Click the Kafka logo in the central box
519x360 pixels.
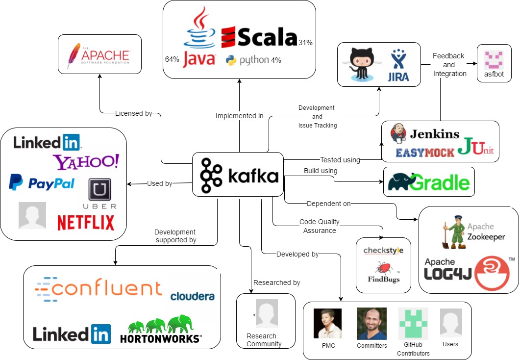[x=239, y=175]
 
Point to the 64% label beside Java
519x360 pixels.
[x=172, y=59]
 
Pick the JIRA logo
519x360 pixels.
[x=397, y=66]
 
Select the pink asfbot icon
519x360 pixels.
[x=494, y=60]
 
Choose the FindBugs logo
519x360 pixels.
[x=384, y=273]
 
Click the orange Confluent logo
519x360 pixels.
[x=99, y=288]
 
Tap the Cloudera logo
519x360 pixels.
[x=193, y=296]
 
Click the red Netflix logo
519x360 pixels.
[x=86, y=222]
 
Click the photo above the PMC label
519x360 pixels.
[x=327, y=323]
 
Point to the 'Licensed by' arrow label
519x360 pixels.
[x=133, y=114]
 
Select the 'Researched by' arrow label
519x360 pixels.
[x=276, y=283]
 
